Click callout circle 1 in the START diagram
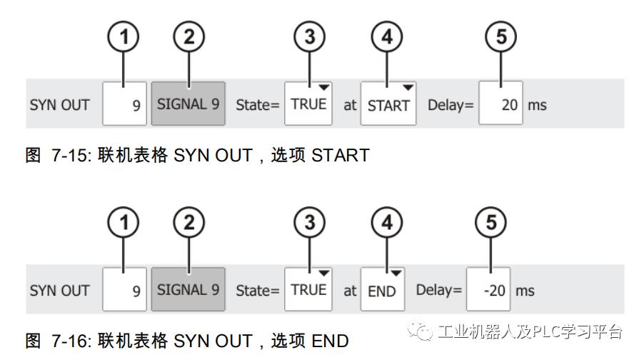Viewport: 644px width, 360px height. click(124, 37)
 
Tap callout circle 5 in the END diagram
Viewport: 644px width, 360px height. click(490, 224)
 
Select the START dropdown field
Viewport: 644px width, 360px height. click(388, 104)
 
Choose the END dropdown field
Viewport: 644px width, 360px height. click(382, 290)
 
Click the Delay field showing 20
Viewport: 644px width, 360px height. click(500, 104)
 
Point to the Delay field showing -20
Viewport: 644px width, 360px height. click(489, 290)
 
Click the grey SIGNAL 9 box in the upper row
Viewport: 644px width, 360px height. click(188, 104)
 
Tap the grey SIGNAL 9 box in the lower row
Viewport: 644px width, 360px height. click(188, 290)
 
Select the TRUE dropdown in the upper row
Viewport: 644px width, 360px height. click(308, 104)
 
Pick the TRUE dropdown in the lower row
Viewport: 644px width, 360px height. click(308, 290)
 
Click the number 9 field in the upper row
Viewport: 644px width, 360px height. click(124, 104)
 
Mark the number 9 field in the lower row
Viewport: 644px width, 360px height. click(124, 290)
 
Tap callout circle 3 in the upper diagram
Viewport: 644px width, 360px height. click(309, 37)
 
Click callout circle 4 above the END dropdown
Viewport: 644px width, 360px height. click(386, 224)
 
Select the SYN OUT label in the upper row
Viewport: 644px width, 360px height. click(60, 105)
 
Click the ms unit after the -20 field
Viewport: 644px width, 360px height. click(525, 291)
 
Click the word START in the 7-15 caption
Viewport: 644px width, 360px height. click(340, 155)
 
